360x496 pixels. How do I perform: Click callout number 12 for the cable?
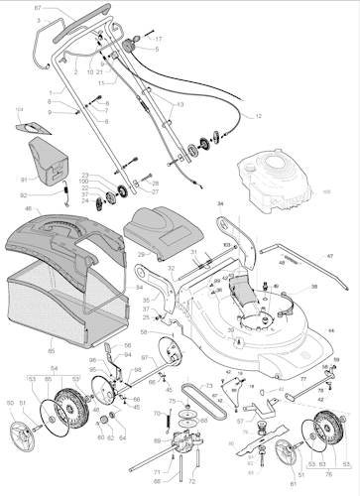pos(258,117)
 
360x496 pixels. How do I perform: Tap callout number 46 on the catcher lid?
pos(29,210)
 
